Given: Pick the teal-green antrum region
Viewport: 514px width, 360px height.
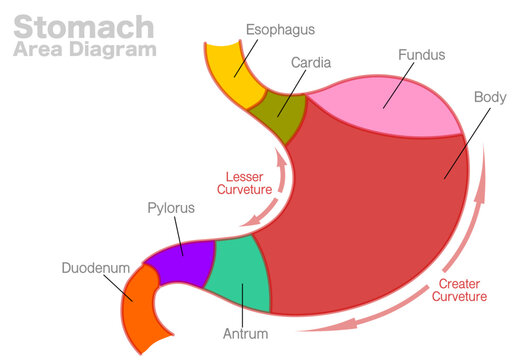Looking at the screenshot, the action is [x=243, y=272].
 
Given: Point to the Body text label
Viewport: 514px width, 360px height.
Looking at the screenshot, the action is [x=490, y=98].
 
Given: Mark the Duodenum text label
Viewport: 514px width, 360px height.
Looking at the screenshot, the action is [x=94, y=268].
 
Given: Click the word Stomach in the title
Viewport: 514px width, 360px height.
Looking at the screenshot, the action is [x=83, y=24].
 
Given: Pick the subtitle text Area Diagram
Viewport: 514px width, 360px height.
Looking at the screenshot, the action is [x=85, y=49].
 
